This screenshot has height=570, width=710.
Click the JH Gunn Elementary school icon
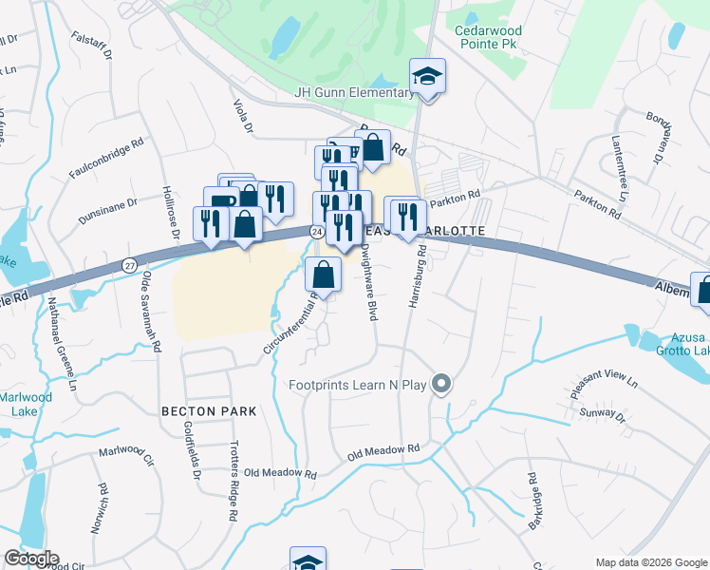427,77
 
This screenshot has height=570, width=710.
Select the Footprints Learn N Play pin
440,385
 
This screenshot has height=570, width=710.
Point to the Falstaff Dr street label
90,50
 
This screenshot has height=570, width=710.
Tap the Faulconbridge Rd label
106,160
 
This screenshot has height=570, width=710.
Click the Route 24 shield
315,231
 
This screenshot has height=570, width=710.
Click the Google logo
31,558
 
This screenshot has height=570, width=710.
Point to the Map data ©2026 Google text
650,561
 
